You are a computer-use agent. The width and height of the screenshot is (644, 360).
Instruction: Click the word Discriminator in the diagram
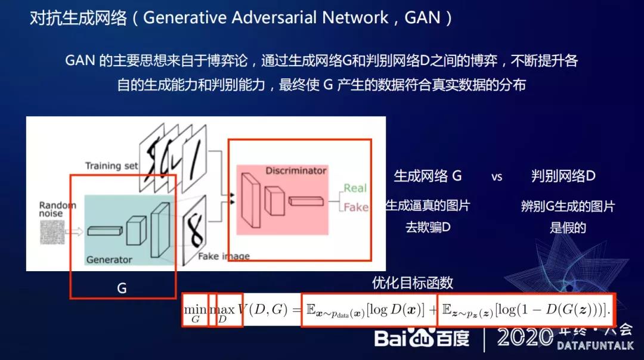(x=296, y=170)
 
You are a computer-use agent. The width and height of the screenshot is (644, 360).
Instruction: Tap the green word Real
(x=355, y=188)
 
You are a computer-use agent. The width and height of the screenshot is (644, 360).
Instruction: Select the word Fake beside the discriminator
(x=355, y=207)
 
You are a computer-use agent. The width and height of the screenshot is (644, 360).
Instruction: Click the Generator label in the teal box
(x=109, y=260)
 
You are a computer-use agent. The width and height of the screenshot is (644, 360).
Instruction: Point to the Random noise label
(x=58, y=210)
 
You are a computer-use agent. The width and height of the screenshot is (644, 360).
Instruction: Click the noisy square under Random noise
(x=52, y=232)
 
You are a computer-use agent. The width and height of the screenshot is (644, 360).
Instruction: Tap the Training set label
(x=112, y=166)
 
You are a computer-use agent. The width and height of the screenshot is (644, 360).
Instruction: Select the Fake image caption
(x=224, y=256)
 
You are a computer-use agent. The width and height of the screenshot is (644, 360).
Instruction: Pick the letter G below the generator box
(x=122, y=288)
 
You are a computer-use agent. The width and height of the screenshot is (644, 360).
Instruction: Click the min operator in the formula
(x=195, y=309)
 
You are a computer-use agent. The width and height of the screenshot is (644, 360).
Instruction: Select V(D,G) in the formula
(x=262, y=310)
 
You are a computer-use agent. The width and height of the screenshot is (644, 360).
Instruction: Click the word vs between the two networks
(x=497, y=176)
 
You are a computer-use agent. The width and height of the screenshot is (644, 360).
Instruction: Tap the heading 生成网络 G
(x=428, y=176)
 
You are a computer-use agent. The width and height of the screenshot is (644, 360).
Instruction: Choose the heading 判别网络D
(x=563, y=176)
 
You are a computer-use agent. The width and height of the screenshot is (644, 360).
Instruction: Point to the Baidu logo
(x=422, y=338)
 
